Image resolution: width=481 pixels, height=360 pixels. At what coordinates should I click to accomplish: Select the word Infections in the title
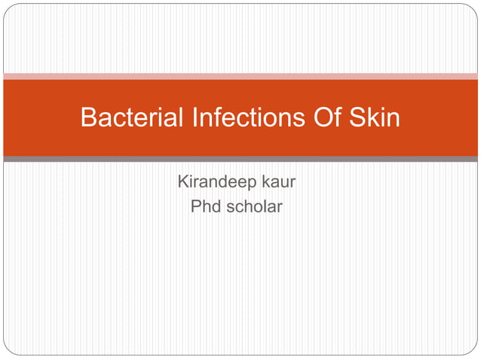pos(242,118)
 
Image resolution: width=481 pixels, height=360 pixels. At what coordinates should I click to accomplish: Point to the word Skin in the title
pos(376,118)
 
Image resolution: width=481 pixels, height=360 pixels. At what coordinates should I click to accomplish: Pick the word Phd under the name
pos(205,206)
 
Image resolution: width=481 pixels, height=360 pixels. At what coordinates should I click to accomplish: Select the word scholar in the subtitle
pos(254,206)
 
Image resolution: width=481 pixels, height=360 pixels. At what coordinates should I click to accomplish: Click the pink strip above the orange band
pos(240,76)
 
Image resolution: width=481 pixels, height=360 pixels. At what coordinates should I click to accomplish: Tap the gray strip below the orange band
pos(240,159)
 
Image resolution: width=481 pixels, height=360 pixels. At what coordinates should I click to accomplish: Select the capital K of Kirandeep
pos(182,182)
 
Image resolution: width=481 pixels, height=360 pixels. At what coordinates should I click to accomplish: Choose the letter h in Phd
pos(206,206)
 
